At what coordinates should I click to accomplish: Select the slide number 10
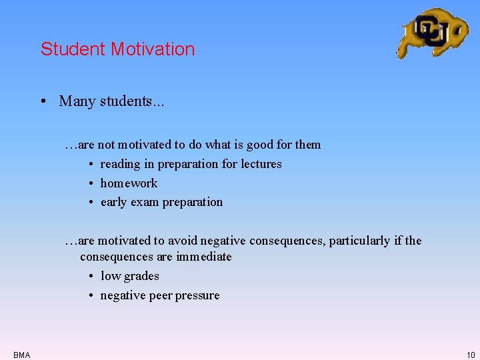(471, 355)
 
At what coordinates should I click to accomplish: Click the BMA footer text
(21, 355)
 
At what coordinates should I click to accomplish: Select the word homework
(129, 183)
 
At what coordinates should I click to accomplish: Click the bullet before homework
(89, 183)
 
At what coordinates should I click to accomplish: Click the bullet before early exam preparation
(89, 202)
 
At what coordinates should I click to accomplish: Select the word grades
(140, 276)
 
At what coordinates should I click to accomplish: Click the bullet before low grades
(89, 276)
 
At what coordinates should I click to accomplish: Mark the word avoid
(183, 241)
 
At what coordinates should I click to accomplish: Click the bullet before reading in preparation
(89, 164)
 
